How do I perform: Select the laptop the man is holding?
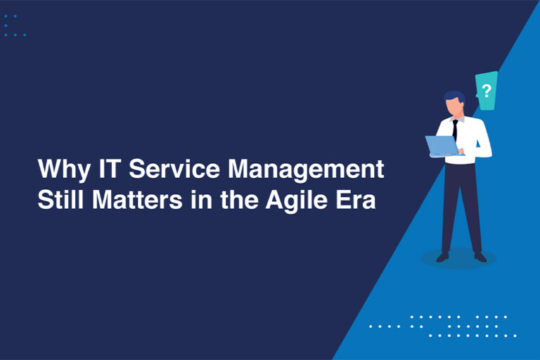click(x=442, y=146)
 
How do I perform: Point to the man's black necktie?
click(x=455, y=129)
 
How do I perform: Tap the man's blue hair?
click(x=454, y=96)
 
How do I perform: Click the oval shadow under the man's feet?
click(x=458, y=258)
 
